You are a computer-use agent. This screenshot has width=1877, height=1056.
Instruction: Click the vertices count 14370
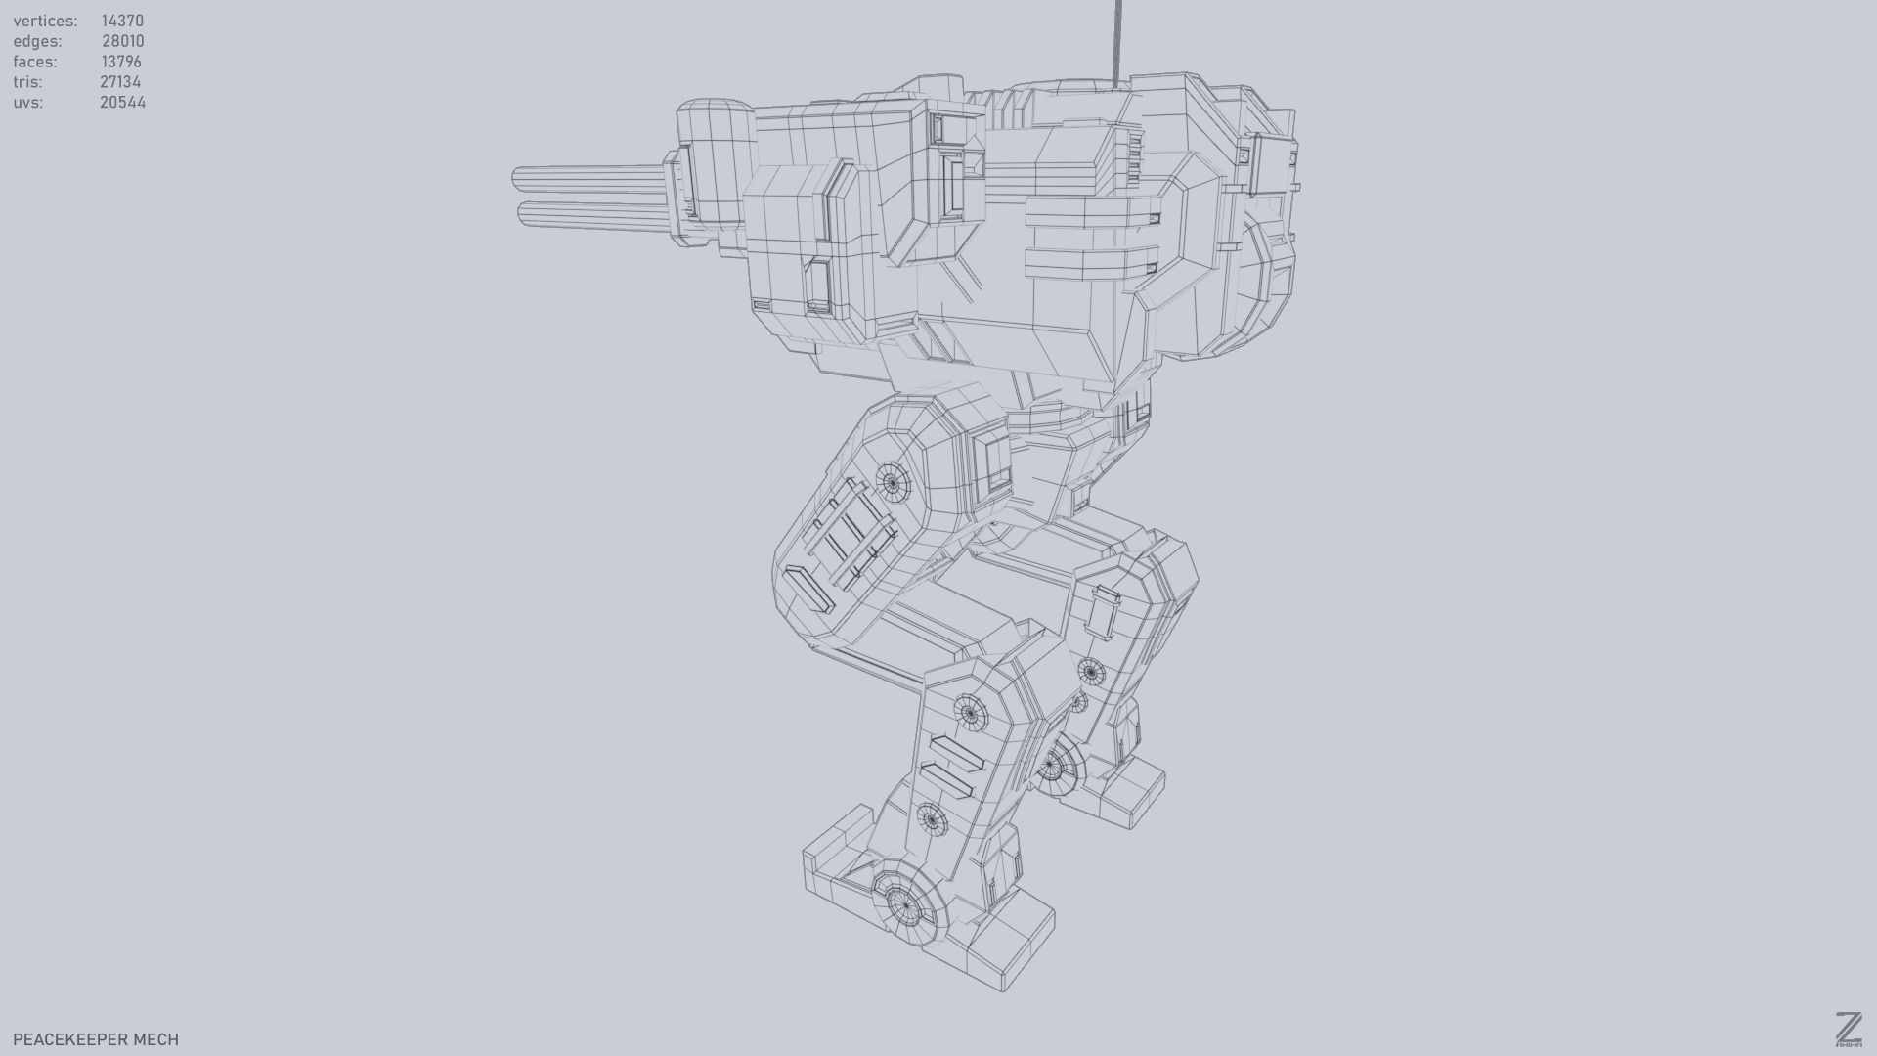122,21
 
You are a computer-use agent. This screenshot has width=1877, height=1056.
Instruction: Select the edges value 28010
122,41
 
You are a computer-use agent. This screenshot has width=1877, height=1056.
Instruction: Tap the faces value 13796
121,62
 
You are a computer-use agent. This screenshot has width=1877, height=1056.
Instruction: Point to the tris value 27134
120,82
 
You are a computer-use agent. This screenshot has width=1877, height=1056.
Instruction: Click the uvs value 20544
122,103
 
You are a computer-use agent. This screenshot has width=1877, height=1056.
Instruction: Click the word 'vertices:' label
45,21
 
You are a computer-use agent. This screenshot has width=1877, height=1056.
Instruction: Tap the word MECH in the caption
155,1039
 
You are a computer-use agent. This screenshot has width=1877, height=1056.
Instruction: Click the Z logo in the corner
1848,1029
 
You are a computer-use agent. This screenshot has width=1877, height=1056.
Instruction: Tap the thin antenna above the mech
1116,39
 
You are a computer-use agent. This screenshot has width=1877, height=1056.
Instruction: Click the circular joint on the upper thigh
892,481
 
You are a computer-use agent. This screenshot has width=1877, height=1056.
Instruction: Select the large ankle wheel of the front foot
906,907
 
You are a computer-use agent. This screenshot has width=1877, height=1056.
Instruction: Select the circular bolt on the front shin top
969,713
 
